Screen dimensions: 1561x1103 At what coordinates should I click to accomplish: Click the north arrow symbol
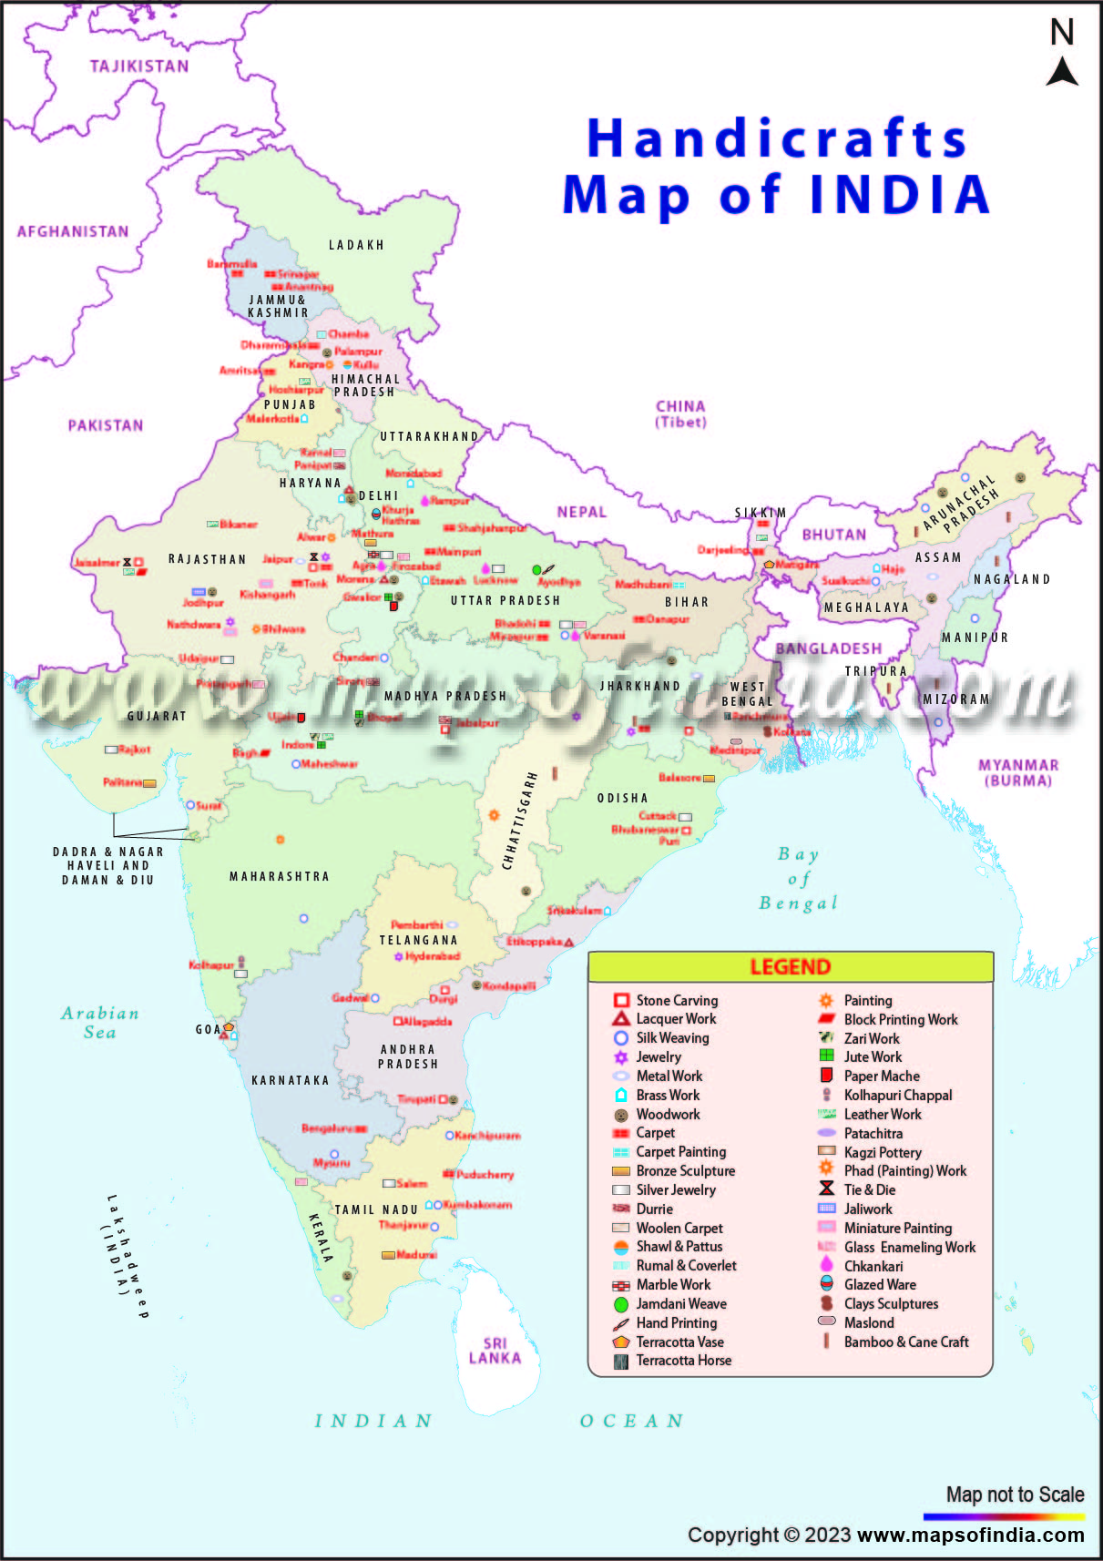(x=1061, y=71)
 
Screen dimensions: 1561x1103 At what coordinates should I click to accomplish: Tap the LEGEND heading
(x=790, y=967)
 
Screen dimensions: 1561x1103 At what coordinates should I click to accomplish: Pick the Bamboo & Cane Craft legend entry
(x=905, y=1342)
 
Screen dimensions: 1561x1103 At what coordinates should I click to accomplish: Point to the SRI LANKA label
(x=495, y=1351)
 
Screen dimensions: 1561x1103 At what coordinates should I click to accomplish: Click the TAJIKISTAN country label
(x=139, y=66)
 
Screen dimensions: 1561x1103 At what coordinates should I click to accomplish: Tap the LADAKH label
(x=356, y=245)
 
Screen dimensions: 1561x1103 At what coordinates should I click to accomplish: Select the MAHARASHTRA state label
(x=279, y=876)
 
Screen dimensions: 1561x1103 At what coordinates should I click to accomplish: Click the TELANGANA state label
(x=418, y=940)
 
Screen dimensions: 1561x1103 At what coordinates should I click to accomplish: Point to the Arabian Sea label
(x=100, y=1023)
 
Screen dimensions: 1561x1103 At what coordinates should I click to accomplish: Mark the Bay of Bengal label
(x=798, y=879)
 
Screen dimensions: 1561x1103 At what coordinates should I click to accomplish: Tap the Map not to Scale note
(x=1015, y=1495)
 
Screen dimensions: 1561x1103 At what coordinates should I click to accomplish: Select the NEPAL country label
(x=581, y=512)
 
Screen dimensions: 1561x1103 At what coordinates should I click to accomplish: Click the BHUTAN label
(x=833, y=535)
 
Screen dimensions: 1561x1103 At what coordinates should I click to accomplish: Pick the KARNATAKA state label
(x=290, y=1080)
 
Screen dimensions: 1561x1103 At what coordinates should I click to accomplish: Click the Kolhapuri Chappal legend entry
(x=897, y=1095)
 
